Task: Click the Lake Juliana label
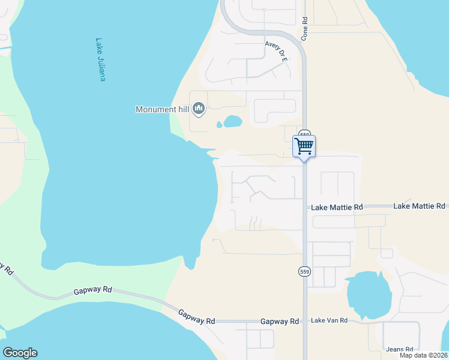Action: click(x=100, y=61)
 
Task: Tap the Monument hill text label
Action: click(x=162, y=109)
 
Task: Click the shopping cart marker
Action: click(x=304, y=146)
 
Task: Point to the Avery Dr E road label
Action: click(x=277, y=50)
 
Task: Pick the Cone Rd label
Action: click(x=305, y=28)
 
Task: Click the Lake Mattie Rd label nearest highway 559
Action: click(x=337, y=207)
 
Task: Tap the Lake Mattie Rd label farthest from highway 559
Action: click(x=419, y=206)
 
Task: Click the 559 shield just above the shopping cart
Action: click(x=305, y=134)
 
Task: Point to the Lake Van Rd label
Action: click(x=329, y=320)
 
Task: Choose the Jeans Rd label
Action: click(x=400, y=349)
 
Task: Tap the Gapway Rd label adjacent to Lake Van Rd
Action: click(x=280, y=322)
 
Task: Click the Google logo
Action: click(x=20, y=353)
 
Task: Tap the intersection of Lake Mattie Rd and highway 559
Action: click(x=305, y=206)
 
